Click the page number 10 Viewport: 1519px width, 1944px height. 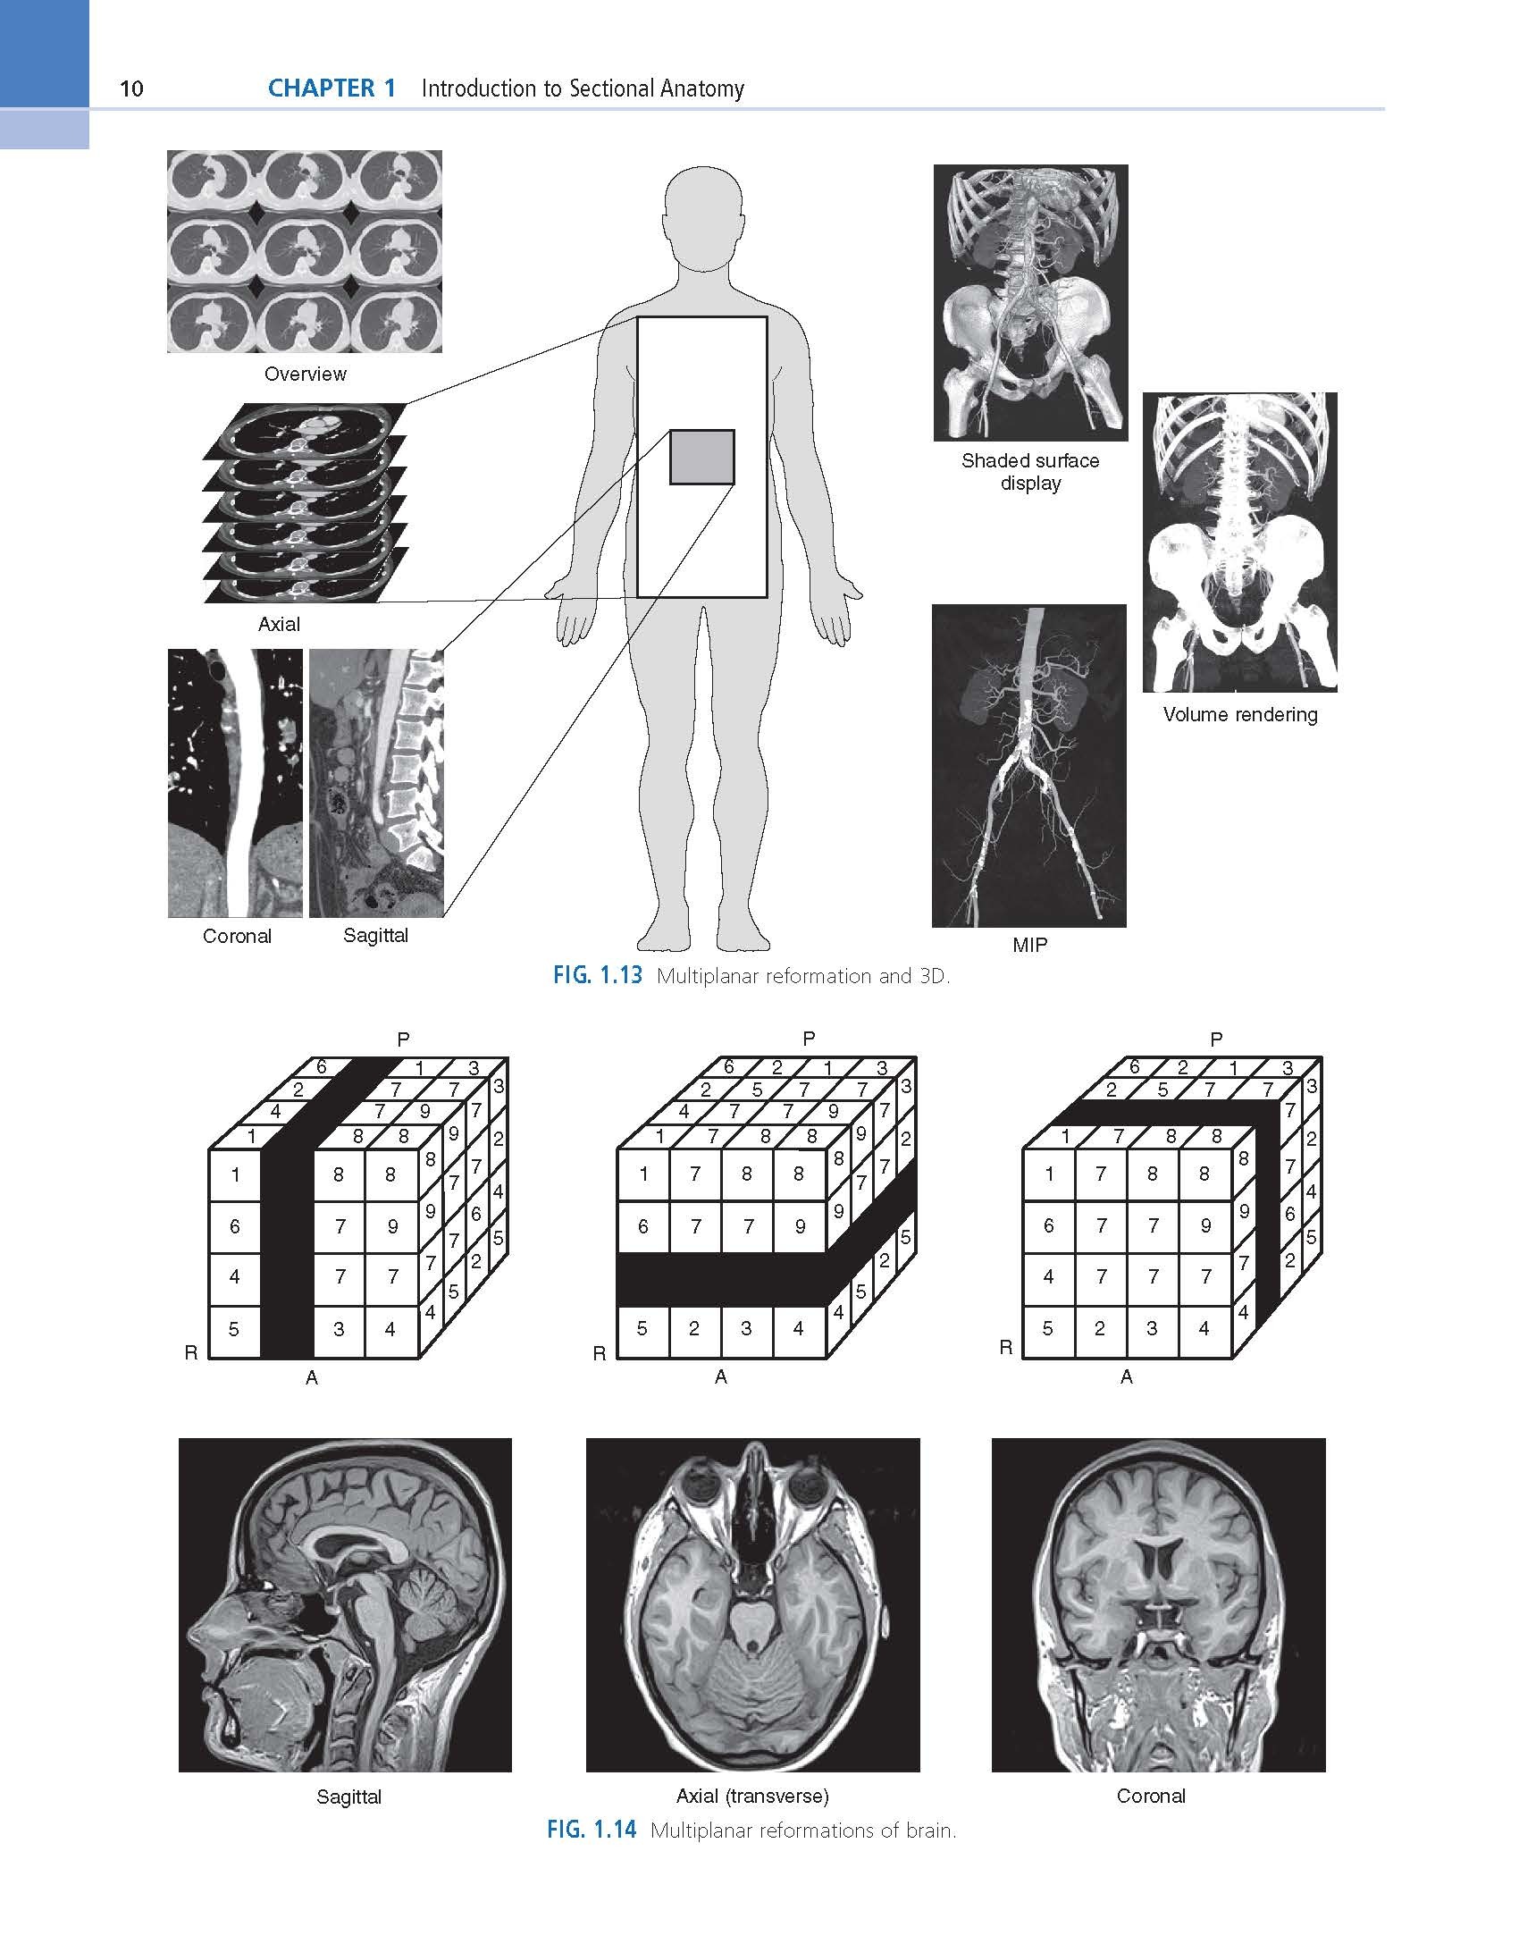pyautogui.click(x=131, y=88)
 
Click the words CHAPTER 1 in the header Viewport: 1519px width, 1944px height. pyautogui.click(x=331, y=88)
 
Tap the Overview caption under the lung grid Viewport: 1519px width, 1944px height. pyautogui.click(x=305, y=374)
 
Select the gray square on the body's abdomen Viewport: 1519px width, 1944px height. pyautogui.click(x=702, y=457)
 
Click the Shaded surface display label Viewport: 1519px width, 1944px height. pyautogui.click(x=1030, y=472)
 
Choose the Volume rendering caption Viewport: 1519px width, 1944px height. pyautogui.click(x=1240, y=714)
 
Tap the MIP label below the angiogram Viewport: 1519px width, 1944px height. pyautogui.click(x=1029, y=945)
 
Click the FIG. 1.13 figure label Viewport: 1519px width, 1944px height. pyautogui.click(x=597, y=975)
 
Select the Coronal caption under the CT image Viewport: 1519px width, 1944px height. pyautogui.click(x=237, y=936)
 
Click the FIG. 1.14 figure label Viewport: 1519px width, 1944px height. pyautogui.click(x=592, y=1829)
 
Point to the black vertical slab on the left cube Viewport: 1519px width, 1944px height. pyautogui.click(x=288, y=1251)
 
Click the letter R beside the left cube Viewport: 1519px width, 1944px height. pyautogui.click(x=191, y=1352)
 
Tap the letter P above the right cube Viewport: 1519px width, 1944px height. pyautogui.click(x=1215, y=1039)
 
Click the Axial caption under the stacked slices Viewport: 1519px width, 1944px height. pyautogui.click(x=279, y=624)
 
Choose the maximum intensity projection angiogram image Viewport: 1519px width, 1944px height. pyautogui.click(x=1029, y=766)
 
